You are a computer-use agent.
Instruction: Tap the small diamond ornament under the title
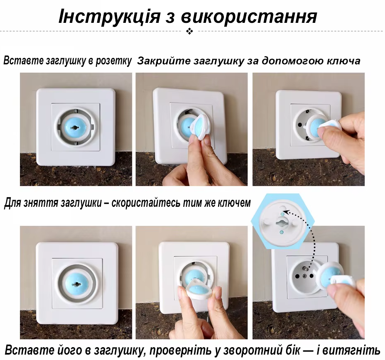click(x=190, y=31)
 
